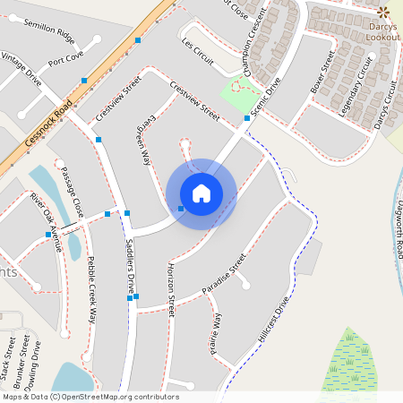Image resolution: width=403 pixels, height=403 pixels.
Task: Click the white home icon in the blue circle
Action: coord(201,193)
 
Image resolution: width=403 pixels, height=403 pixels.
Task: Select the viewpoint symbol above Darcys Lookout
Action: coord(384,12)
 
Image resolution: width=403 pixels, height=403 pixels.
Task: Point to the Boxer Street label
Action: coord(322,73)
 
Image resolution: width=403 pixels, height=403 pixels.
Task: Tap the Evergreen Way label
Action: coord(142,140)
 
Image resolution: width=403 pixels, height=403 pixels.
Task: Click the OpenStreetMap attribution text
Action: coord(90,397)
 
